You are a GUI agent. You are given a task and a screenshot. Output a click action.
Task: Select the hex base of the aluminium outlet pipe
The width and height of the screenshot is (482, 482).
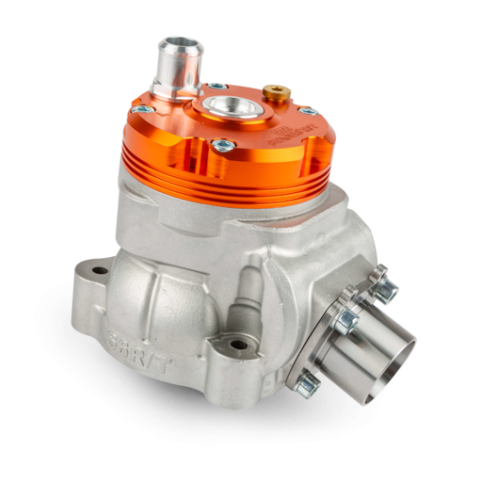pos(178,86)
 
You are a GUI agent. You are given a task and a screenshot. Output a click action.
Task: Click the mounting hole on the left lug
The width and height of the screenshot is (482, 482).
pos(99,271)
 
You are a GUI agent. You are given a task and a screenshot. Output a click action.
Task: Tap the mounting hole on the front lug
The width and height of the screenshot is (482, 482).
pos(239,345)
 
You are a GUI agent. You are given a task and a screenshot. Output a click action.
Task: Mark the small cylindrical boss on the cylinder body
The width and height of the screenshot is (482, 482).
pos(252,282)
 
